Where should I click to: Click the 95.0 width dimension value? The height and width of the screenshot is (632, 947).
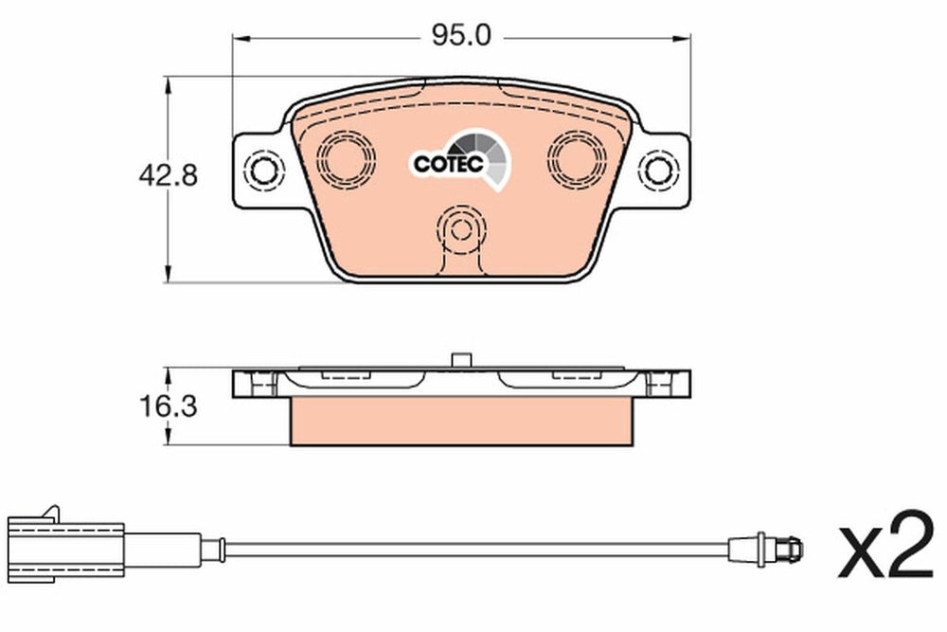pos(461,36)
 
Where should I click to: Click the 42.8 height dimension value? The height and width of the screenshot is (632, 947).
pos(168,176)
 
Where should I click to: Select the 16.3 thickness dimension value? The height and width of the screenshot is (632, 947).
pos(168,406)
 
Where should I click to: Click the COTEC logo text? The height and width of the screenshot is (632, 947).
pos(449,163)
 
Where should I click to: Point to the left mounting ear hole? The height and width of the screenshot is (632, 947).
pos(264,171)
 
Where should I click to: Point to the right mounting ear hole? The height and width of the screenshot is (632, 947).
pos(658,171)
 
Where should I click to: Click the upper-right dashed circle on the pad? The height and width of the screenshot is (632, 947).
pos(576,159)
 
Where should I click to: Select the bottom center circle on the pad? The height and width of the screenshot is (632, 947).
pos(461,229)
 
